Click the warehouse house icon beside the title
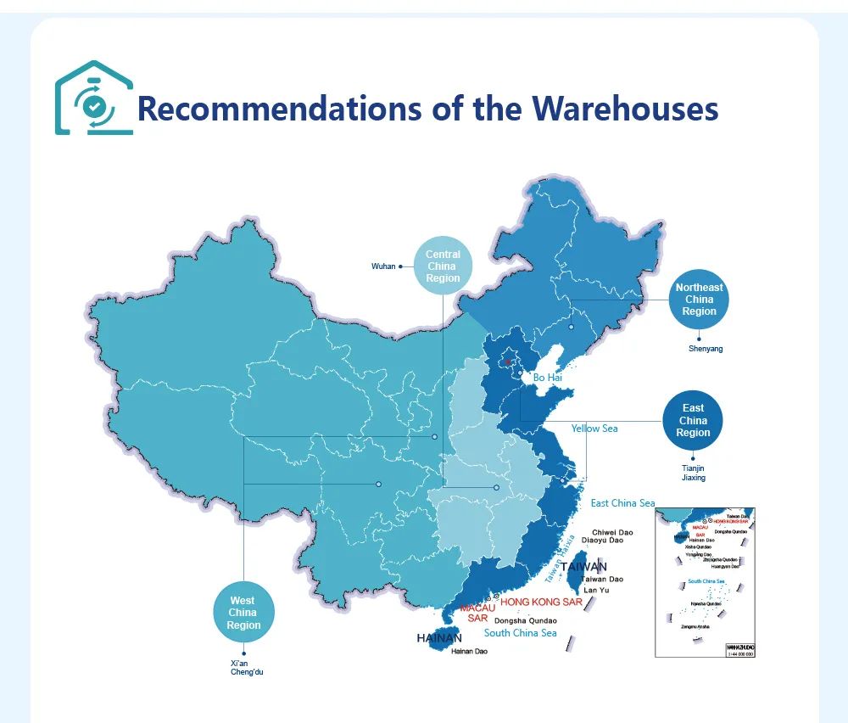tap(93, 98)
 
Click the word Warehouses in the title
tap(625, 109)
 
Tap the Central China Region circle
tap(443, 266)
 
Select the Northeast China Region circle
tap(699, 300)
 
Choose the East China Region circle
tap(693, 421)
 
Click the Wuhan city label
tap(383, 266)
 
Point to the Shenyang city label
tap(706, 349)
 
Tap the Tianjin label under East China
tap(693, 468)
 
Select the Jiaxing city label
tap(693, 478)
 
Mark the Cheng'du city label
tap(248, 672)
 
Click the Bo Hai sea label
tap(548, 378)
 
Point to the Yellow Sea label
tap(594, 429)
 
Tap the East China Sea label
tap(622, 503)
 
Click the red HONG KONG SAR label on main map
tap(541, 602)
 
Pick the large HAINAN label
tap(439, 638)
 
